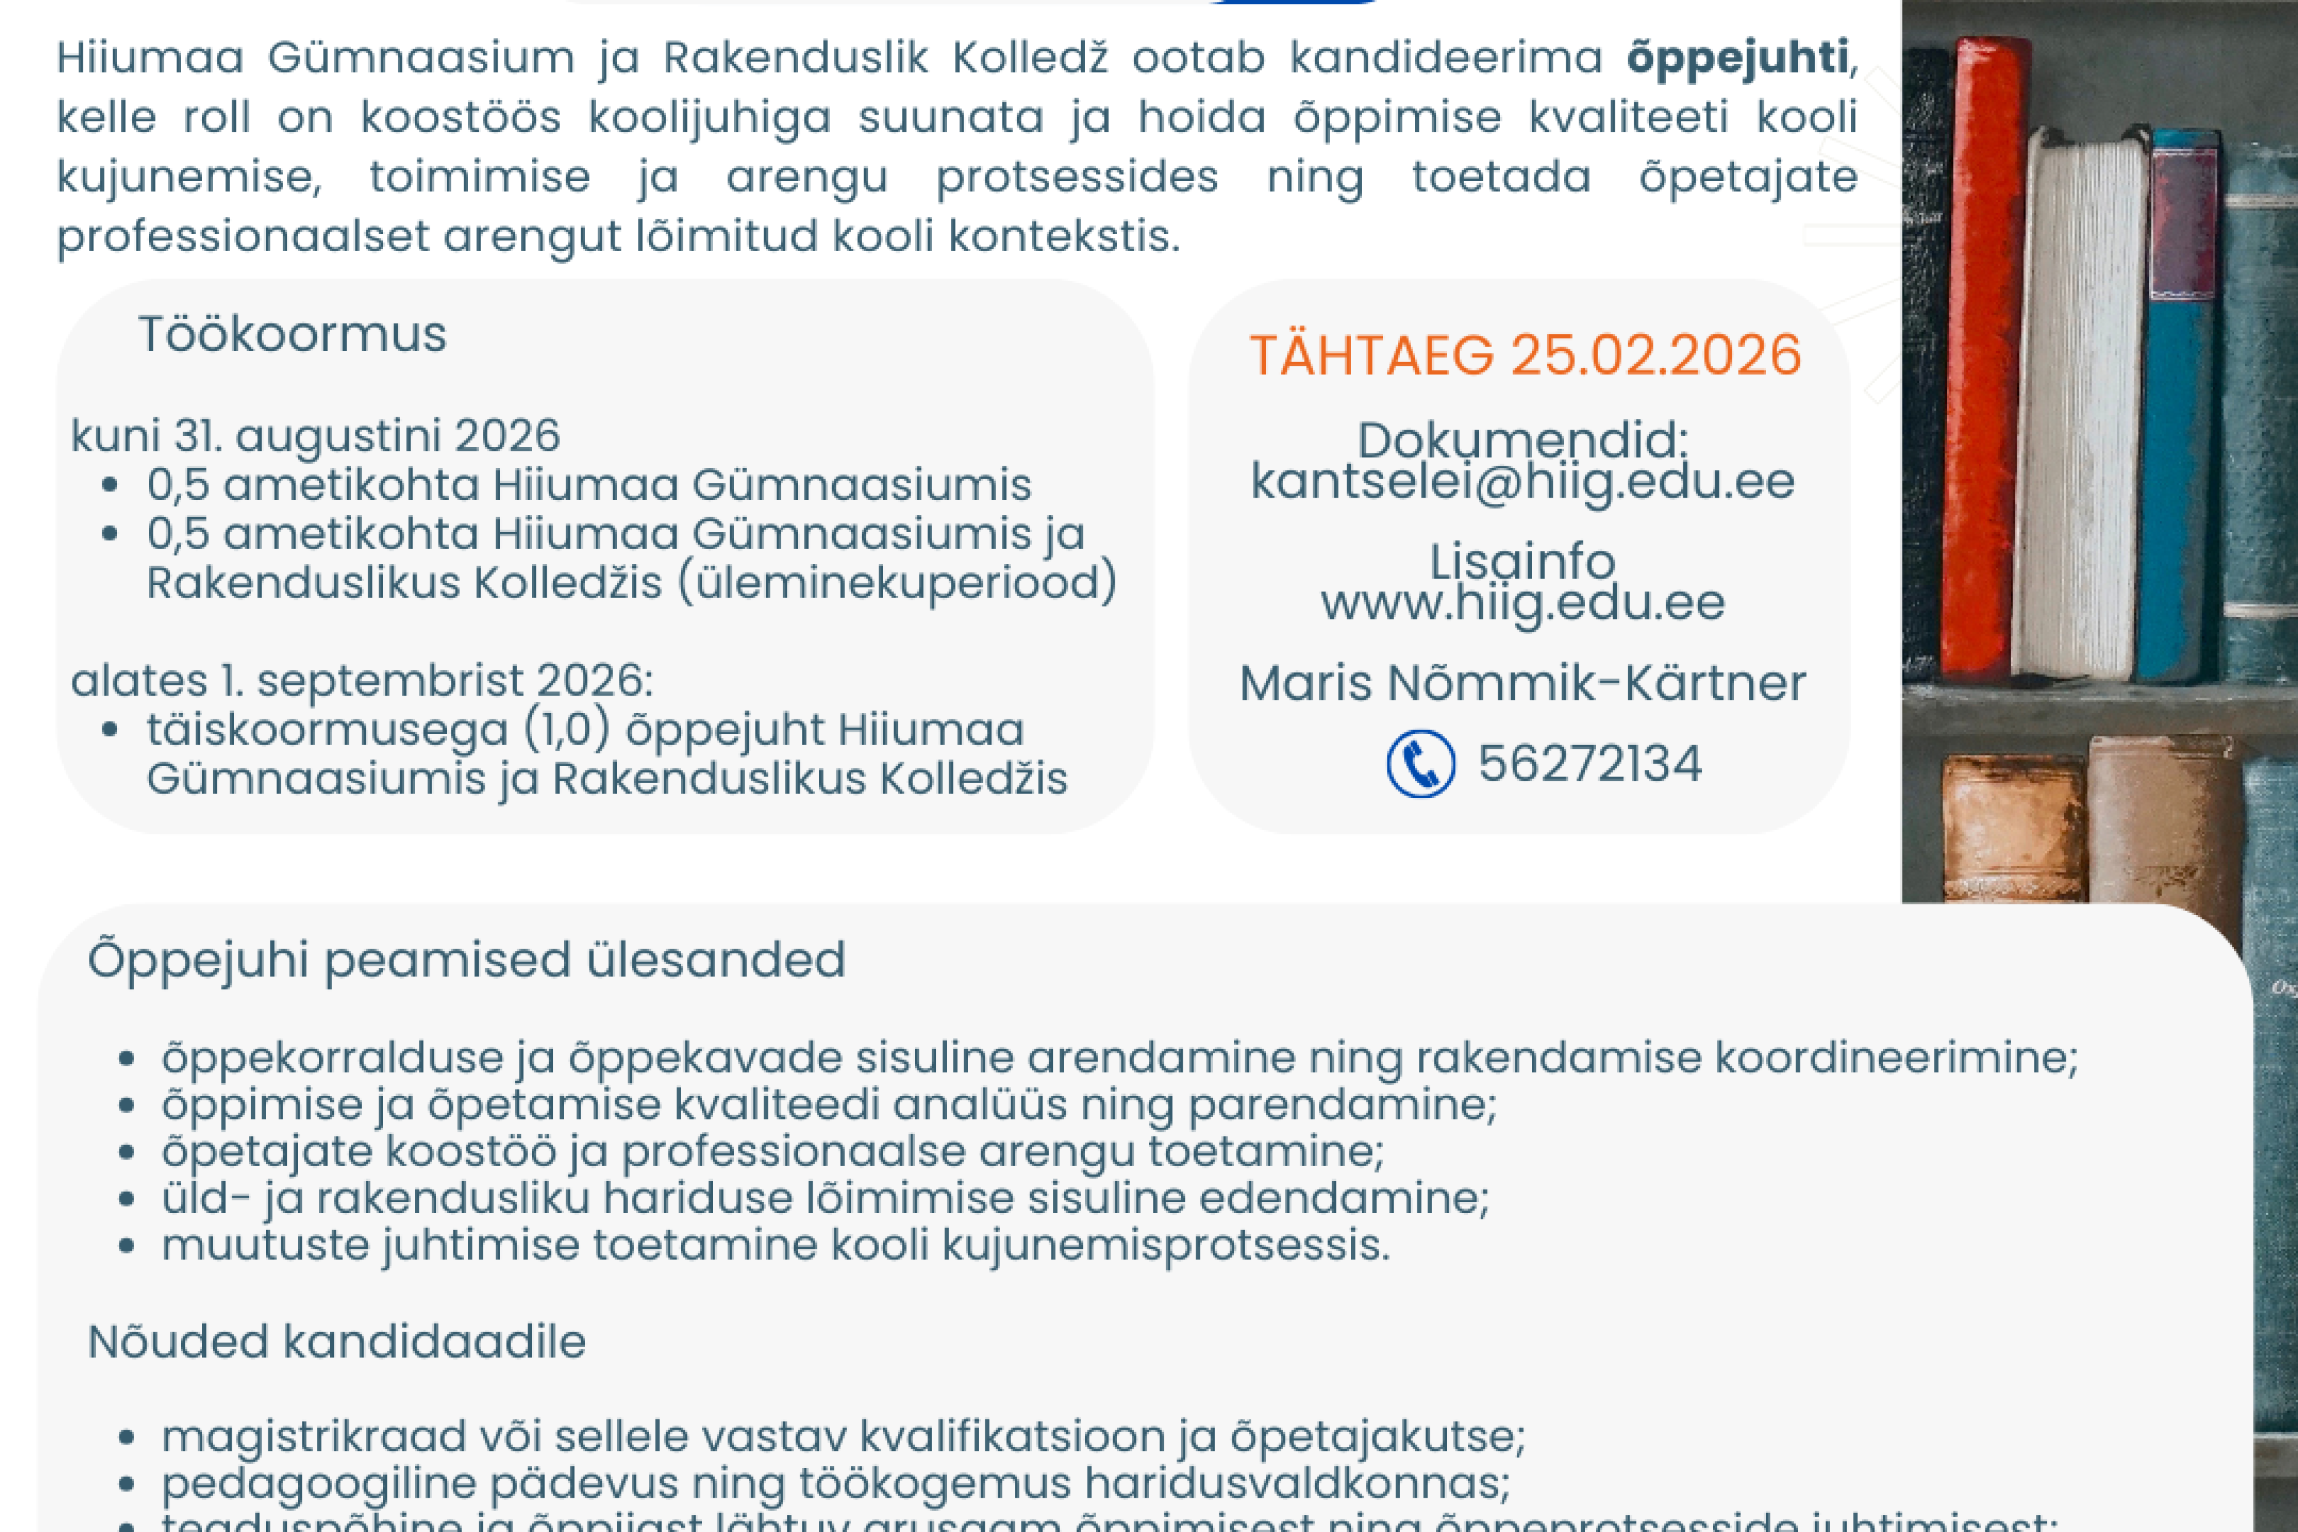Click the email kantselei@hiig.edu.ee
point(1522,482)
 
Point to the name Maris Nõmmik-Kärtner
point(1522,683)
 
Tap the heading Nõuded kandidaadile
point(336,1342)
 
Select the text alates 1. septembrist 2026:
point(362,681)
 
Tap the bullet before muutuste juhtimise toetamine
point(126,1246)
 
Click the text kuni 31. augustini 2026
point(316,436)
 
